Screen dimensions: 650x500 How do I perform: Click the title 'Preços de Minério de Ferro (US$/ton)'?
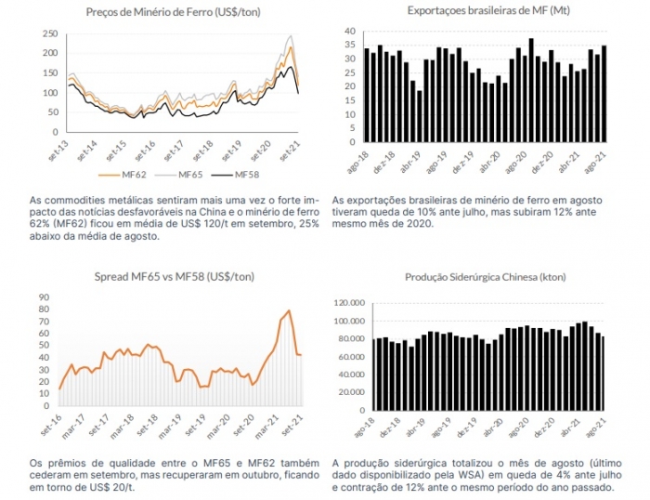click(174, 12)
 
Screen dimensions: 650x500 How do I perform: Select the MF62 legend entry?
click(123, 175)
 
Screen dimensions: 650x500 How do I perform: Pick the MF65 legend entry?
click(178, 175)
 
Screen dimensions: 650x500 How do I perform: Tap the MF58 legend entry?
click(235, 175)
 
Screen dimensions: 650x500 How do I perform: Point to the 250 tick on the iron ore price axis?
click(50, 34)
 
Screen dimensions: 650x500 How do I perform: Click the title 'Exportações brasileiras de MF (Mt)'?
click(488, 10)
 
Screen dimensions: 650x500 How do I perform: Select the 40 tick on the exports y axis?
click(350, 31)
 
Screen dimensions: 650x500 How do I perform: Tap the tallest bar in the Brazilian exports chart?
click(531, 90)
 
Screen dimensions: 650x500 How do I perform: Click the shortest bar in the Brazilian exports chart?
click(419, 116)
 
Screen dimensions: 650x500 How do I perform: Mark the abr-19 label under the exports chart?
click(410, 162)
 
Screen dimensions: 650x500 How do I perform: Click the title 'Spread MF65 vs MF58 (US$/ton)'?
click(175, 276)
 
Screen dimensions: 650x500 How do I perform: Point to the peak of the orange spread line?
click(289, 310)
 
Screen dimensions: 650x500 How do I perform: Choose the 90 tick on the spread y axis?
click(44, 297)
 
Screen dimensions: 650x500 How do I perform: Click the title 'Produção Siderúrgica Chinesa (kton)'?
click(486, 277)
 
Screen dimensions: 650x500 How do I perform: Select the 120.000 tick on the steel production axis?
click(349, 303)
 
